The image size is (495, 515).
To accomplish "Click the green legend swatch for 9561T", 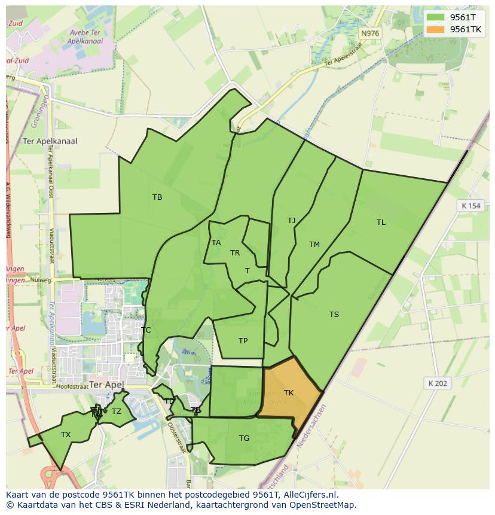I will pos(436,17).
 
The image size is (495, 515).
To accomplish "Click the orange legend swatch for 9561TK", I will pos(436,29).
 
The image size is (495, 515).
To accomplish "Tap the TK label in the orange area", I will pos(289,393).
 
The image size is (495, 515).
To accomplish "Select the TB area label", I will pos(157,197).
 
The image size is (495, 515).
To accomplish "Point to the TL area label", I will pos(381,223).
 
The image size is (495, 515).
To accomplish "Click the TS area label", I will pos(334,315).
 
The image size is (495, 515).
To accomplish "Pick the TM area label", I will pos(314,244).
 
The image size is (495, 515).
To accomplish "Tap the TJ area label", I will pos(291,221).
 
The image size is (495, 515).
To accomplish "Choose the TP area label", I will pos(243,341).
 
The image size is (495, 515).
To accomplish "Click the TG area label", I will pos(244,438).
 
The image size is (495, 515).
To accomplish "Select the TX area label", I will pos(66,435).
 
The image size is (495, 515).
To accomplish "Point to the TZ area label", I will pos(117,412).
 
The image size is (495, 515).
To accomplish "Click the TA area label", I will pos(216,243).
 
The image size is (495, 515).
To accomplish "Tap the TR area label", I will pos(235,253).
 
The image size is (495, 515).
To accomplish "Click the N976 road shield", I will pos(370,33).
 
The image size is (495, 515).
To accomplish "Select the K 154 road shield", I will pos(470,206).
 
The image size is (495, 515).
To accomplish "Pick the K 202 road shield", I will pos(438,383).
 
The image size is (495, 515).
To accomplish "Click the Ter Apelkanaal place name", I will pos(50,142).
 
